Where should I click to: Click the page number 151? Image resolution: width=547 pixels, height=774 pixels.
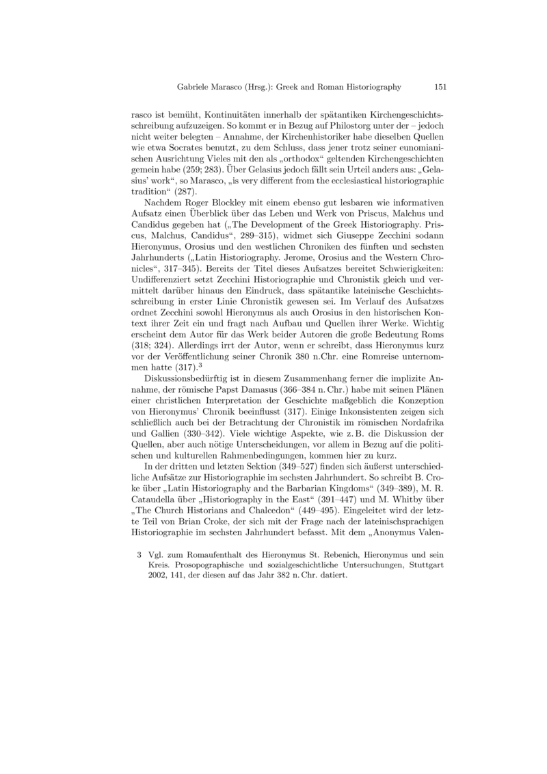[440, 87]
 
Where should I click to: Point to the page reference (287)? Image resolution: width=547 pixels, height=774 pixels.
[172, 192]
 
